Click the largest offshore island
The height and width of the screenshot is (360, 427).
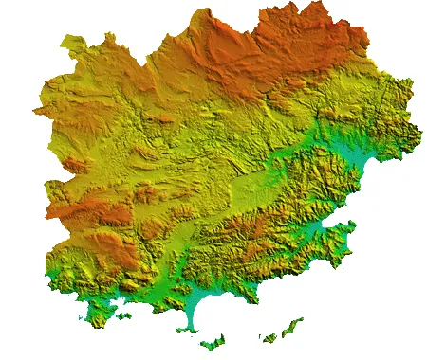[x=215, y=341]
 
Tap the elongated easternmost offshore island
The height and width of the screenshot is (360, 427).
[x=285, y=331]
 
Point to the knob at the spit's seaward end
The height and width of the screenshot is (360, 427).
[x=190, y=330]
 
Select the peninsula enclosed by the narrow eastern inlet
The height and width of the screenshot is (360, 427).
[x=337, y=243]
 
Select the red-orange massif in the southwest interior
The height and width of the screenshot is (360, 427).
[x=95, y=218]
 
